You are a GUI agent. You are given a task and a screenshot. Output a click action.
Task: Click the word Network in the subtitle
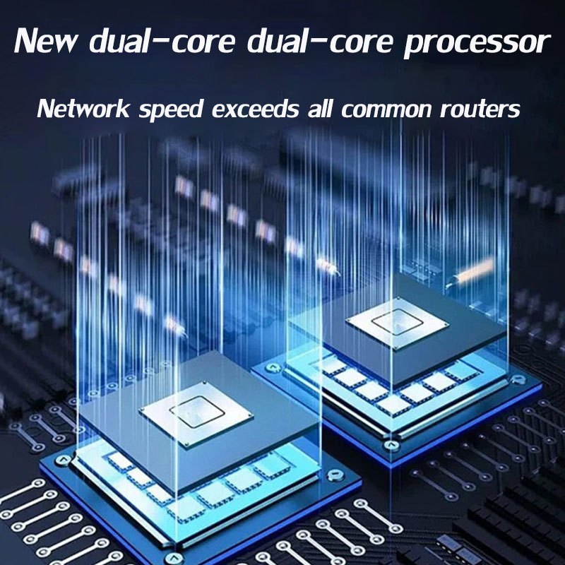83,109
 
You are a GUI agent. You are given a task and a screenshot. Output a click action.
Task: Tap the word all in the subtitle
324,109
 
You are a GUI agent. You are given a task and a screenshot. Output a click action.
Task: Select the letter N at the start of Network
46,109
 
